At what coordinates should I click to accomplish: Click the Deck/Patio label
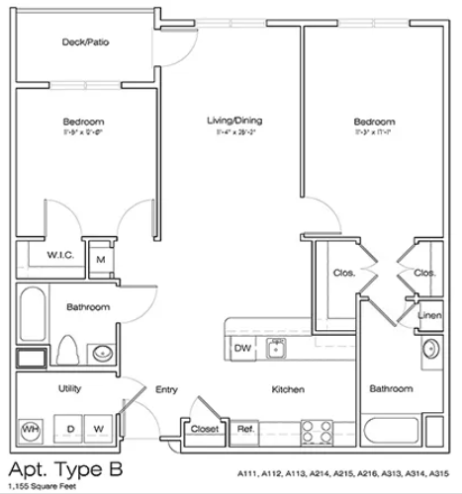[84, 42]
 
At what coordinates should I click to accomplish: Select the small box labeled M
[100, 260]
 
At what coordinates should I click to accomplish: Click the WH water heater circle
[31, 430]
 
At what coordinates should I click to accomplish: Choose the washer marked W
[99, 429]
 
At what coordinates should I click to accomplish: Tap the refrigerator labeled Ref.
[242, 429]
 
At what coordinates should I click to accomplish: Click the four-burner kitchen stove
[316, 431]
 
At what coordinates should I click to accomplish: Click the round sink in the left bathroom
[100, 352]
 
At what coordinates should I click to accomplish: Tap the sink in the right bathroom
[430, 349]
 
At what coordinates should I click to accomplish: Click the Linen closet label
[428, 315]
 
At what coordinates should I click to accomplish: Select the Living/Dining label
[233, 122]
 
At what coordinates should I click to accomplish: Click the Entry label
[166, 390]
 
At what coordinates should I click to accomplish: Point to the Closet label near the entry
[204, 429]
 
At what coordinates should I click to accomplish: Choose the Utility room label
[68, 389]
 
